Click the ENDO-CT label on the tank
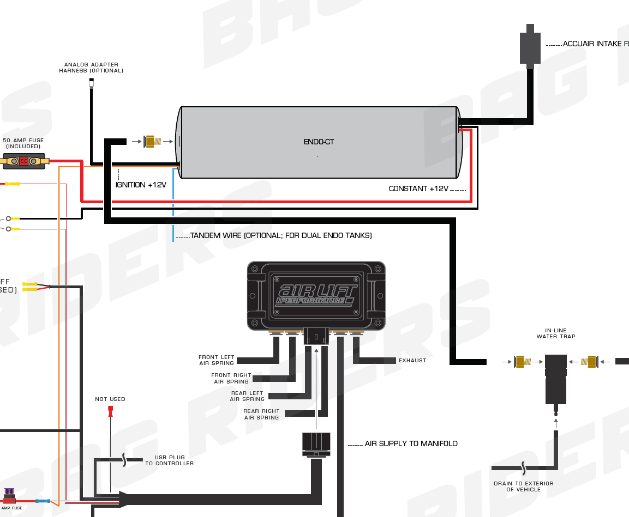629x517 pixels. [319, 142]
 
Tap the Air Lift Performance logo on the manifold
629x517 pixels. [316, 295]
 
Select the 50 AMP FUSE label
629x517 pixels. [23, 143]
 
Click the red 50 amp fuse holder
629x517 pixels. [23, 161]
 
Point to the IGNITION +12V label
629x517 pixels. [141, 185]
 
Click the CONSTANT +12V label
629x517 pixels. [418, 189]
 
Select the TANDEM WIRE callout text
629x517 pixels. [281, 236]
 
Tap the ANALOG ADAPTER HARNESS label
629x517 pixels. [91, 68]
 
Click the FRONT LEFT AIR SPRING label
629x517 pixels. [217, 360]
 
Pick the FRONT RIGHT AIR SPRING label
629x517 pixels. [231, 378]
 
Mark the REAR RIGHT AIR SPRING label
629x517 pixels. [261, 414]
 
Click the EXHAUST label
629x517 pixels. [412, 361]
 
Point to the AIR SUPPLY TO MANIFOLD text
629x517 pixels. [411, 444]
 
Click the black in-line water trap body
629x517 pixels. [556, 379]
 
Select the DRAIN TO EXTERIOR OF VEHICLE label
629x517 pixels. [523, 486]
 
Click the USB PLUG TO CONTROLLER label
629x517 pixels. [169, 460]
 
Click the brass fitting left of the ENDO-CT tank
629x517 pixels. [152, 142]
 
